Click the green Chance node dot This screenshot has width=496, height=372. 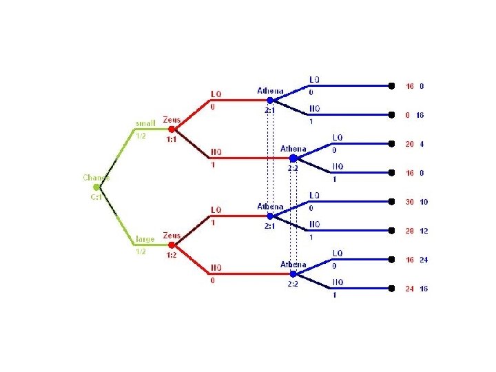click(96, 187)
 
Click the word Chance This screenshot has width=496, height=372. click(96, 177)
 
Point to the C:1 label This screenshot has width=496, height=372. click(96, 196)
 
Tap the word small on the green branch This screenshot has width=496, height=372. click(145, 124)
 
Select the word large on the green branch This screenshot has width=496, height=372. click(145, 239)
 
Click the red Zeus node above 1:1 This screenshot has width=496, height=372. click(172, 129)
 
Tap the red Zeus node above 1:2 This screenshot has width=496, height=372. click(172, 245)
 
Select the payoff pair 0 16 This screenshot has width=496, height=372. click(415, 115)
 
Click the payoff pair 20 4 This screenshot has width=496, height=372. click(415, 145)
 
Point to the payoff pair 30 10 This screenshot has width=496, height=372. click(416, 202)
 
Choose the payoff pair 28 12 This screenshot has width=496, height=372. click(416, 231)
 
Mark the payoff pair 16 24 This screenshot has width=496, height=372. click(416, 260)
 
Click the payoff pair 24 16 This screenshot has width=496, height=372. click(416, 289)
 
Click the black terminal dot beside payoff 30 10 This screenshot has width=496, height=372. click(392, 202)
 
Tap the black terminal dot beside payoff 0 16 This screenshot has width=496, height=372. click(392, 115)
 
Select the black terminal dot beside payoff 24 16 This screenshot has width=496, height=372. click(392, 289)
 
